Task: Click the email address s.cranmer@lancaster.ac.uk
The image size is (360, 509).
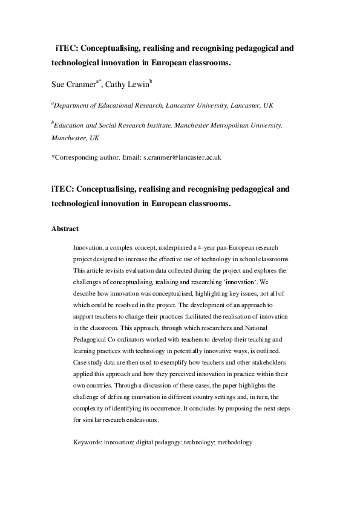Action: click(x=182, y=157)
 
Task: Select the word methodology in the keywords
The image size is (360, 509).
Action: click(x=235, y=442)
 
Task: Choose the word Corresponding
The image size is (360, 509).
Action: click(x=77, y=157)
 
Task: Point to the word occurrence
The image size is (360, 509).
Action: click(x=181, y=408)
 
